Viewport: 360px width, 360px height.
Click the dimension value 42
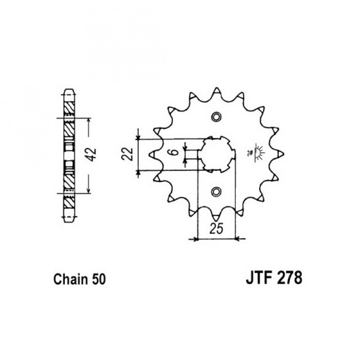coord(92,155)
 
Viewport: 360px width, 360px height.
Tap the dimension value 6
coord(175,152)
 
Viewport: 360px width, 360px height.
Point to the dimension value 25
coord(216,228)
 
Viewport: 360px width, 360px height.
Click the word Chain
coord(71,279)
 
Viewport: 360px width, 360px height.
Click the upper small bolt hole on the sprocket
coord(216,117)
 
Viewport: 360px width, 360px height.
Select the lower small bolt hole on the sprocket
coord(216,191)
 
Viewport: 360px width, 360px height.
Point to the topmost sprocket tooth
coord(216,91)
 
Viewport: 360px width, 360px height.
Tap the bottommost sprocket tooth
coord(216,217)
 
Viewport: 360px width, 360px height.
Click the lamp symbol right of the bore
coord(256,153)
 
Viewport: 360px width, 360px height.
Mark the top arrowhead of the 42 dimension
coord(89,121)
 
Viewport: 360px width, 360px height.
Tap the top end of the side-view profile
coord(69,89)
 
